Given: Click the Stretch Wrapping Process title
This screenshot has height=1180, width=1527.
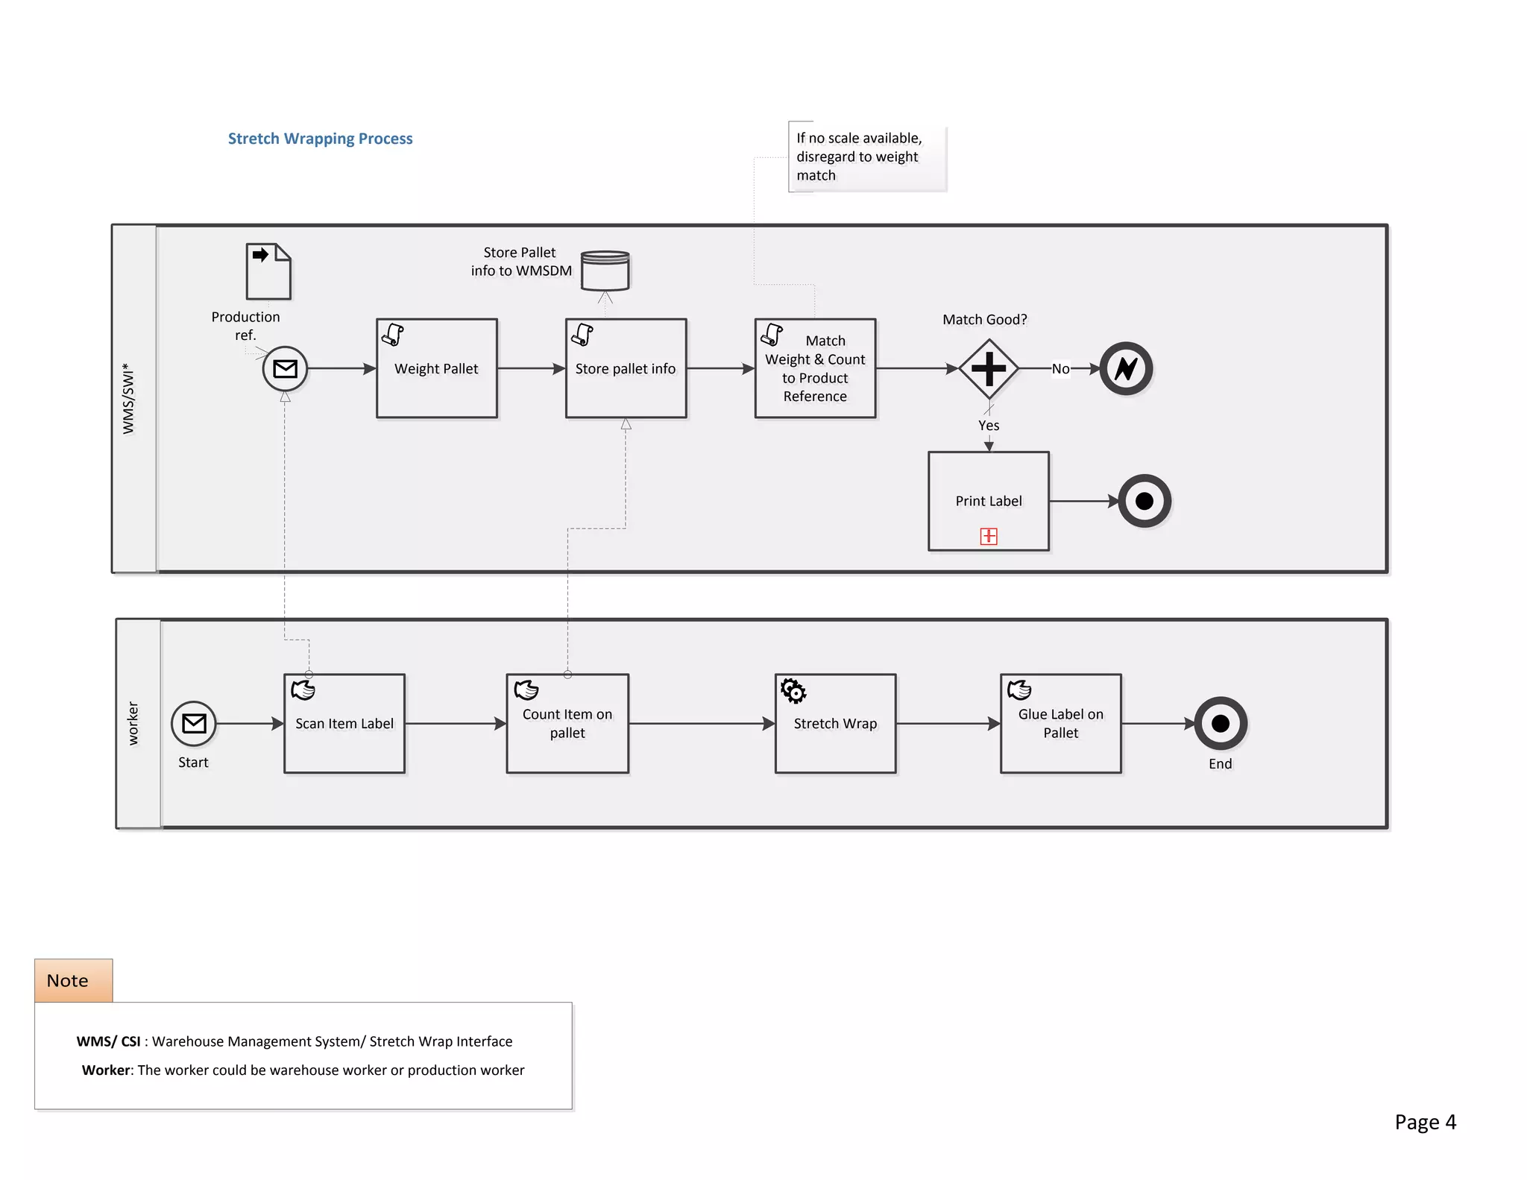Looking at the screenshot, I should [320, 139].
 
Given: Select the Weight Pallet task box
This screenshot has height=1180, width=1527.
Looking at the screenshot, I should [437, 368].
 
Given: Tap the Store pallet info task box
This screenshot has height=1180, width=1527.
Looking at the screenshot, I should [626, 368].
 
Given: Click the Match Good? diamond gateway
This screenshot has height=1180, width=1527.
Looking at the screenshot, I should [989, 368].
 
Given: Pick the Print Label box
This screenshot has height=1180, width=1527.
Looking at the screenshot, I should [989, 500].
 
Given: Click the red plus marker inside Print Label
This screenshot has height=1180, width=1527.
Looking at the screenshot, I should [989, 536].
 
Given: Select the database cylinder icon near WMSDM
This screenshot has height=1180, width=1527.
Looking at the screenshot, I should [605, 271].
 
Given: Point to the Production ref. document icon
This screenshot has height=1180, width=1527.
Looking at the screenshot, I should [268, 271].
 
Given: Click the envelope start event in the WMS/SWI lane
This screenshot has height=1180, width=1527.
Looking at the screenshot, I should [285, 368].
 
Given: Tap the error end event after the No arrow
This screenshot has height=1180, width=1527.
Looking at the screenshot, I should [1126, 368].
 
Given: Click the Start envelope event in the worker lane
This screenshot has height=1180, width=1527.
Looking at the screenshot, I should [194, 723].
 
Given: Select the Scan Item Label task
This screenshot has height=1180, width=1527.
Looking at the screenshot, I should [344, 723].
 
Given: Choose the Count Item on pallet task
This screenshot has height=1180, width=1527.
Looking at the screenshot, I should [567, 723].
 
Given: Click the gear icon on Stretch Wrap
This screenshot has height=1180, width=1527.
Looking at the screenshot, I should [793, 690].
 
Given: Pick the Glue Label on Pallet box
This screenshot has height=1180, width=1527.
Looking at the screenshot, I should [1060, 723].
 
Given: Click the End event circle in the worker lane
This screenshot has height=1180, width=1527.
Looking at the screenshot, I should [1221, 723].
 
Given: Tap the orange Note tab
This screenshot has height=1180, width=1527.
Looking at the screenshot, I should [73, 980].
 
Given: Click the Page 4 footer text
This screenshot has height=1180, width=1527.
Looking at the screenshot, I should [1425, 1122].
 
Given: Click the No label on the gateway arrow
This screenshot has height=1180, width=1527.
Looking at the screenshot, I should [1060, 368].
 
